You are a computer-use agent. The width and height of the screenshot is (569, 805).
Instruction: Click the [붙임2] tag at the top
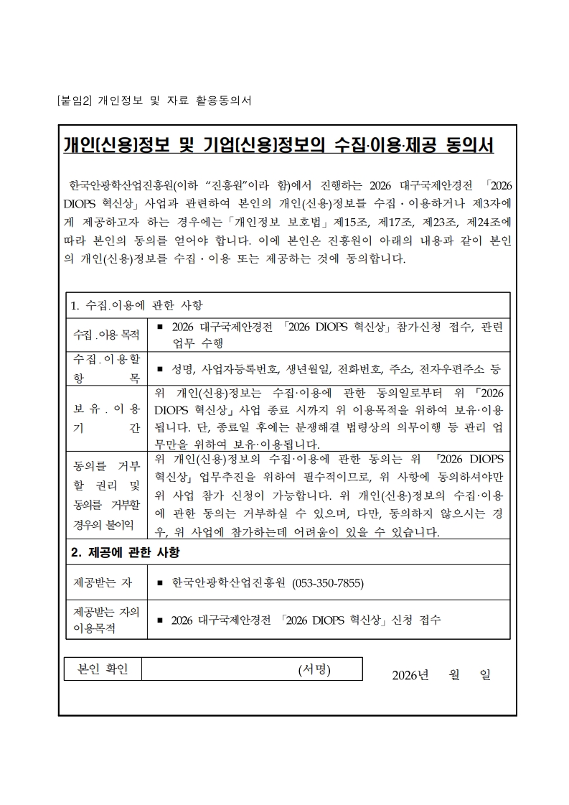point(74,101)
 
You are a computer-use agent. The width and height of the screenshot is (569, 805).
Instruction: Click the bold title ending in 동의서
point(278,145)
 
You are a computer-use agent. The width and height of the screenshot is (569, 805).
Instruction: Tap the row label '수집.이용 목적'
point(105,335)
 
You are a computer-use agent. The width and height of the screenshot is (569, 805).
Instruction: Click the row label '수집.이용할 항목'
point(105,369)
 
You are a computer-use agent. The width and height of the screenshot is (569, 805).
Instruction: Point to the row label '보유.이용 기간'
point(105,418)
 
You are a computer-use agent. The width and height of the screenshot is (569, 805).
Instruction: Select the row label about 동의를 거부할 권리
point(105,495)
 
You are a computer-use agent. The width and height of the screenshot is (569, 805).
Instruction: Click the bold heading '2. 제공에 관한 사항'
point(125,552)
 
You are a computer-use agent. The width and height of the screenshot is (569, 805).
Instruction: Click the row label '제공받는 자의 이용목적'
point(105,620)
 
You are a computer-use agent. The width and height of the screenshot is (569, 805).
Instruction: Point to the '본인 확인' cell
point(103,669)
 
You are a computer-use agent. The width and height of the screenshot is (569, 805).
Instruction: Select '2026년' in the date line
point(410,676)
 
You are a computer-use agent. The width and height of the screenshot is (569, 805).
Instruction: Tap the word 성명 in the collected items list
point(182,369)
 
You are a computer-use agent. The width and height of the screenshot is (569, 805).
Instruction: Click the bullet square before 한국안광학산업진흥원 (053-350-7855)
point(160,583)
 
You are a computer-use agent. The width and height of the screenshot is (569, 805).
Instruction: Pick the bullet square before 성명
point(160,370)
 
